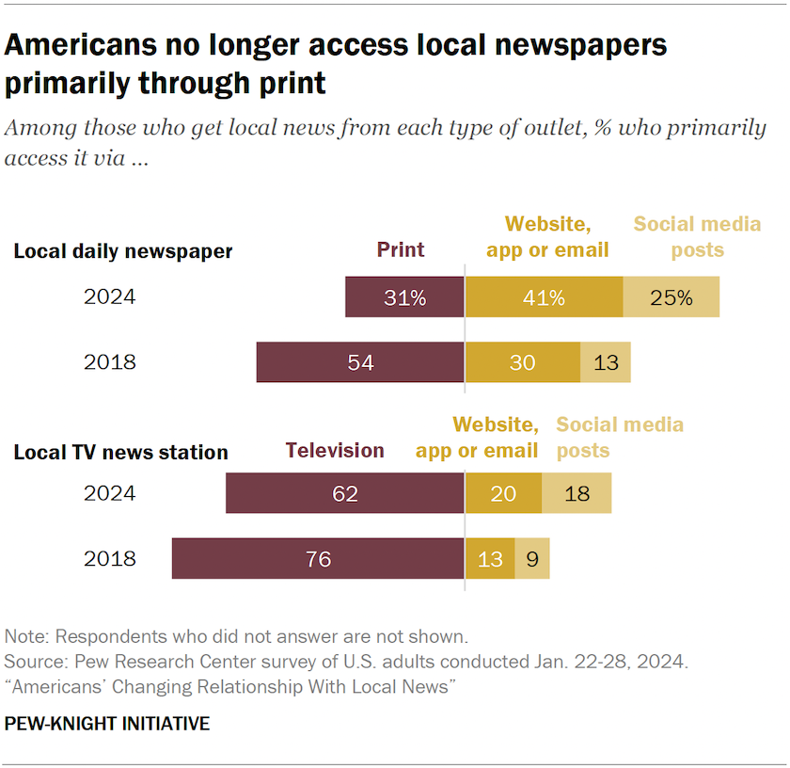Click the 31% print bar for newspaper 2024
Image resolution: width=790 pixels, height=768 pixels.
click(404, 297)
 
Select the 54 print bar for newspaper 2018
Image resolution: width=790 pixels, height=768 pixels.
click(360, 362)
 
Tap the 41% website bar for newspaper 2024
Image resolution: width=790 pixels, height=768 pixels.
click(544, 297)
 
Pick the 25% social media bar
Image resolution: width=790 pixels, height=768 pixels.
click(671, 297)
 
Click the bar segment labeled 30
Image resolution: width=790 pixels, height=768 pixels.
click(522, 362)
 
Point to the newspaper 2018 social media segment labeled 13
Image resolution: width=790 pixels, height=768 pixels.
click(606, 362)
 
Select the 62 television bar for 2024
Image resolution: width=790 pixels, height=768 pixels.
click(345, 493)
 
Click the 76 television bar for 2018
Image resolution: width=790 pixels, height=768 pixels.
click(318, 559)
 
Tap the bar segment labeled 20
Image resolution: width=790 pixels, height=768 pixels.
click(503, 493)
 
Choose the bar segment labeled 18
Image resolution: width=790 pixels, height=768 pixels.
click(577, 493)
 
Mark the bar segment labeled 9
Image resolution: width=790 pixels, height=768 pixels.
click(532, 559)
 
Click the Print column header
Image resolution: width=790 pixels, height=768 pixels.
click(401, 249)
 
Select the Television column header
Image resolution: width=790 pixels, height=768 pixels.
click(335, 450)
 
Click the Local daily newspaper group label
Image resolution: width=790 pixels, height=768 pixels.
click(122, 251)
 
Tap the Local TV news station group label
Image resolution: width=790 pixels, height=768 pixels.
click(120, 453)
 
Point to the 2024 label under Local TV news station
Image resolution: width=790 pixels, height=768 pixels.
click(109, 493)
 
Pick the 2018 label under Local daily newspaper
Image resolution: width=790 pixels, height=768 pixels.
click(109, 362)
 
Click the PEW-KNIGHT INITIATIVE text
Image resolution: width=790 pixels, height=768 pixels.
click(107, 724)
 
